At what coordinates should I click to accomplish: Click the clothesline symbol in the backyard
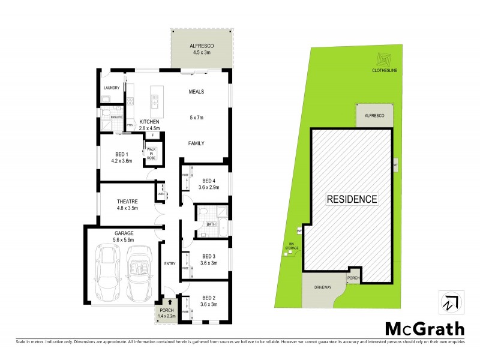pos(383,60)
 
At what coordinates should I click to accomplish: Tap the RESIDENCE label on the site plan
pos(352,199)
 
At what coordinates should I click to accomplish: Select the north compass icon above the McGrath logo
pos(448,302)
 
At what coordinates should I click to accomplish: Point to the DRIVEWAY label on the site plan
pos(322,288)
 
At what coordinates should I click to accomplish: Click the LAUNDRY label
pos(112,88)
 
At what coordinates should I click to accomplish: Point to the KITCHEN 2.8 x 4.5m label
pos(149,124)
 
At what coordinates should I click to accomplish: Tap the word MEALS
pos(197,92)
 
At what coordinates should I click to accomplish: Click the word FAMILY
pos(196,143)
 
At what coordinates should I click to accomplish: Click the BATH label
pos(211,224)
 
